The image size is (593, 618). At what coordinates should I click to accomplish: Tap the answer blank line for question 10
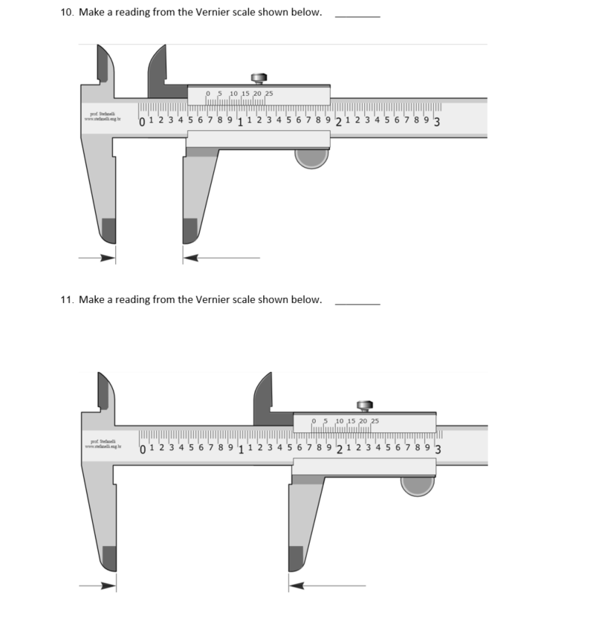click(357, 15)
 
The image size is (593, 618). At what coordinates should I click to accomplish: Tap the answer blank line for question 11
click(357, 302)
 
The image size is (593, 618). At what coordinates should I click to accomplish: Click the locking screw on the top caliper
click(259, 78)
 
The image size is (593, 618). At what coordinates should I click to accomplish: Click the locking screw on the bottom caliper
click(364, 405)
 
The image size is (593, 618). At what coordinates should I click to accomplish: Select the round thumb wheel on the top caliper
click(311, 157)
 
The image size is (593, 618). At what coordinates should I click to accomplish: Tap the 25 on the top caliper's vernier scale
click(269, 94)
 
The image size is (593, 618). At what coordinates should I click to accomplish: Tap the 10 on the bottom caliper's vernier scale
click(339, 421)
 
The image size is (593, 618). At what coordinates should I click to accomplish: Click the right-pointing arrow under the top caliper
click(98, 258)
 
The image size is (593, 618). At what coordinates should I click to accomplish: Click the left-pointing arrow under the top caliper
click(221, 258)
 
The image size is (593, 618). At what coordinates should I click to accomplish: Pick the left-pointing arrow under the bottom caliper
click(327, 585)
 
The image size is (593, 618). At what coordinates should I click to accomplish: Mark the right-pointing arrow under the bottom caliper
click(98, 585)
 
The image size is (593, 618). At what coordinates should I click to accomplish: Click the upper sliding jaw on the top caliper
click(160, 74)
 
